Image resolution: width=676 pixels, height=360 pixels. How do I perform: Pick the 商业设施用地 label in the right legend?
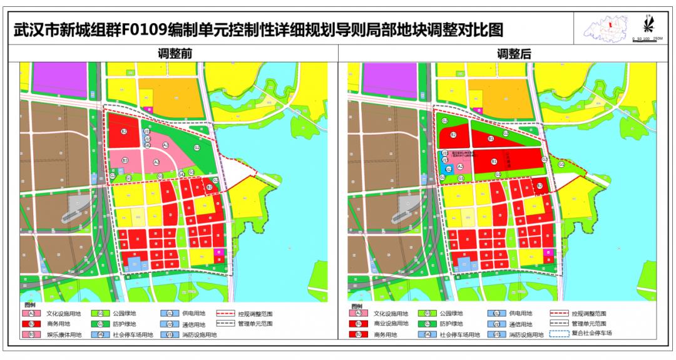(x=391, y=324)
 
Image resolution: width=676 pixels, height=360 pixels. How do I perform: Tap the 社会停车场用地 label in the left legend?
(x=133, y=335)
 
